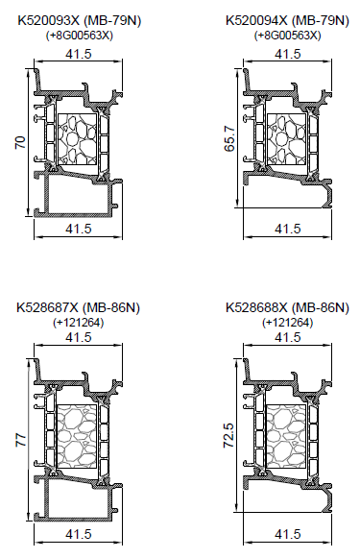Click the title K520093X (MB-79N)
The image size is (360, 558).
pos(80,21)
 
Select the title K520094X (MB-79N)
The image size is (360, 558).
pos(287,21)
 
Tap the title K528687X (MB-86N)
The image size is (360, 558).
pos(79,308)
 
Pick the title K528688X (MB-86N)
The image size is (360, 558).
pos(287,308)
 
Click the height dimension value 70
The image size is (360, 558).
pos(20,142)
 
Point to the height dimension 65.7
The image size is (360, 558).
pos(229,138)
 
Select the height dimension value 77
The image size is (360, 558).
pos(20,440)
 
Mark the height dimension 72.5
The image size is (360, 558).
pos(228,435)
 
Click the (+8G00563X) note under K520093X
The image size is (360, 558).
pos(80,36)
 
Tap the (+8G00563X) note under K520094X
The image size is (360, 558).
pos(287,36)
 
